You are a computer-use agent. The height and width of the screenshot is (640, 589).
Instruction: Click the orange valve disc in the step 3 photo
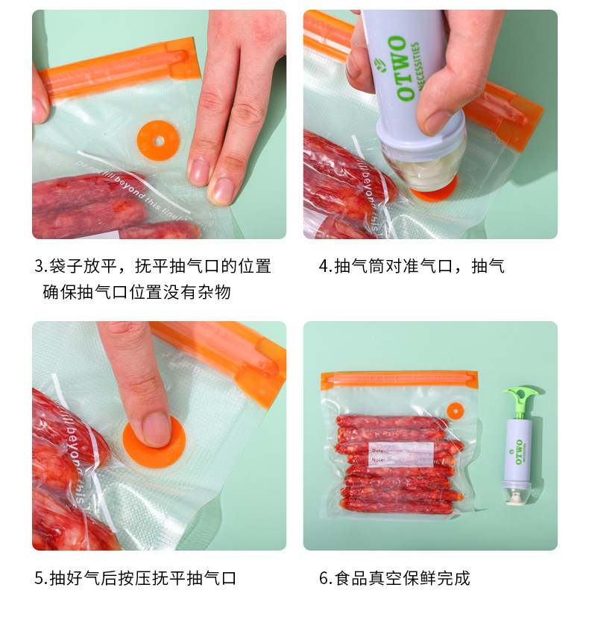[159, 139]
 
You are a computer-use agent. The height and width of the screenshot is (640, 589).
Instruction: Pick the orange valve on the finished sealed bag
[454, 411]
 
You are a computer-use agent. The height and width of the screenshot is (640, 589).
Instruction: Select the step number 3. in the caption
[41, 267]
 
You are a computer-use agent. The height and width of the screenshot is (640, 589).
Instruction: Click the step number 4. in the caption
[325, 267]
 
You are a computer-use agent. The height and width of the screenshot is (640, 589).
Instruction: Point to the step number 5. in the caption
[41, 578]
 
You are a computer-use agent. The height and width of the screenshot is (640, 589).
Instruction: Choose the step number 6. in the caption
[325, 578]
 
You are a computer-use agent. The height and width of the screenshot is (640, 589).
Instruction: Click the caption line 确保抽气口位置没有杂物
[136, 292]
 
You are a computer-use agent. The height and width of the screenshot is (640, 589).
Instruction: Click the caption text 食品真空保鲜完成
[403, 578]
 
